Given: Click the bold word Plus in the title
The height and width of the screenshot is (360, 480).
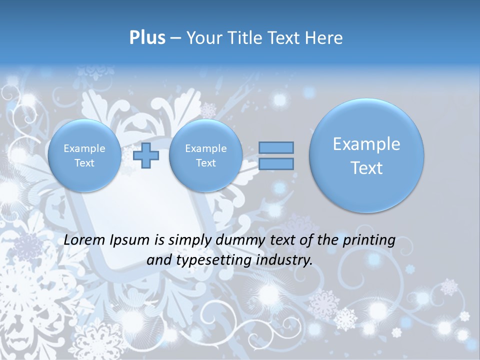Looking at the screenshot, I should coord(147,38).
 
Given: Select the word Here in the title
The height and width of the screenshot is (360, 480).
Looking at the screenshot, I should coord(325,38).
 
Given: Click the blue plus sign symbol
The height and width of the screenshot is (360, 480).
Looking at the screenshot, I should coord(146,155).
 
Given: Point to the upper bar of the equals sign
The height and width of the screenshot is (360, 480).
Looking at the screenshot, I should coord(276,147).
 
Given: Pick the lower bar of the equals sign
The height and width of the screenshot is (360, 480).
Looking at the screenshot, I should coord(276,163).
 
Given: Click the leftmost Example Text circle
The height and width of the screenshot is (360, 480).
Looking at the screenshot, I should coord(84,155).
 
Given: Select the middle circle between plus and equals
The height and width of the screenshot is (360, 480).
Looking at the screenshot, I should coord(205,155).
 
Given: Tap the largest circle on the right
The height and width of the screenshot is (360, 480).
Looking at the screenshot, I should coord(366,155).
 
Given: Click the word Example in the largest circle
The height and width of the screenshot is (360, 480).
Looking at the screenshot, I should coord(366,144).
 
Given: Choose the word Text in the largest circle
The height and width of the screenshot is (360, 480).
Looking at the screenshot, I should coord(366,168).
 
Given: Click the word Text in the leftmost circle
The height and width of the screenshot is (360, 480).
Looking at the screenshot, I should coord(84,163).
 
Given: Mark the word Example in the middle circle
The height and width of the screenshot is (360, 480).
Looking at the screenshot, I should coord(205,148).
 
